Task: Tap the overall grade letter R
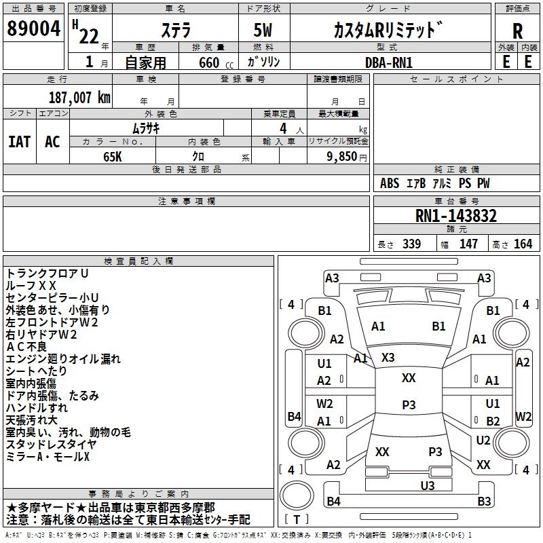pyautogui.click(x=518, y=31)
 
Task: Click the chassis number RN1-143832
pyautogui.click(x=456, y=216)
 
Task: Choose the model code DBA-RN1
pyautogui.click(x=385, y=62)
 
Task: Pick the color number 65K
pyautogui.click(x=113, y=156)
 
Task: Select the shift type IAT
pyautogui.click(x=19, y=141)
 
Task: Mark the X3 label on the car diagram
pyautogui.click(x=388, y=357)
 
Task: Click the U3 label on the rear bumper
pyautogui.click(x=427, y=485)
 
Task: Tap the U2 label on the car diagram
pyautogui.click(x=483, y=440)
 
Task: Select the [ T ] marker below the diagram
pyautogui.click(x=297, y=519)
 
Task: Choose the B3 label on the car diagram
pyautogui.click(x=484, y=502)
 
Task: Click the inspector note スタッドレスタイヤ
pyautogui.click(x=51, y=445)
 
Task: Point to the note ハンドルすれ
pyautogui.click(x=37, y=408)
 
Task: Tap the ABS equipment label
pyautogui.click(x=390, y=183)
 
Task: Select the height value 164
pyautogui.click(x=523, y=244)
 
